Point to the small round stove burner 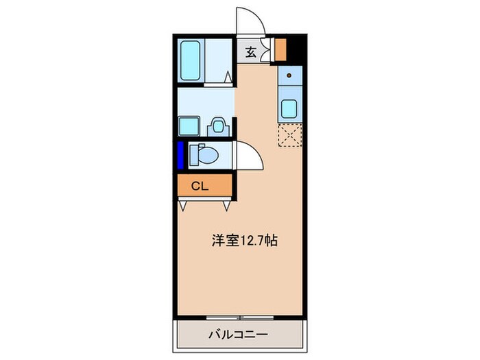(x=289, y=75)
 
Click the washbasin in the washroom (x=218, y=125)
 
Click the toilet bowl (x=204, y=156)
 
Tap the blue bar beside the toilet (x=181, y=155)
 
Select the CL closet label (x=200, y=185)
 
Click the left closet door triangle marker (x=183, y=204)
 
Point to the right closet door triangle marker (x=227, y=204)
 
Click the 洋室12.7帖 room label (x=244, y=241)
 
